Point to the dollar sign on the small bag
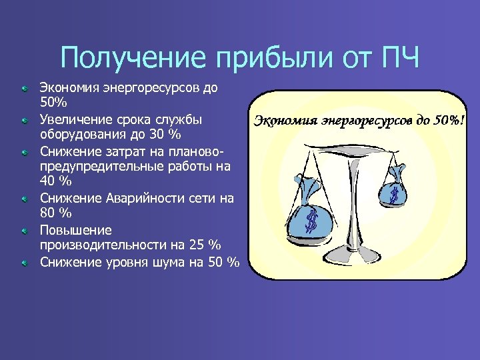pyautogui.click(x=395, y=196)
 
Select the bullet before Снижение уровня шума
pyautogui.click(x=23, y=263)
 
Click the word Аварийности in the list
pyautogui.click(x=147, y=198)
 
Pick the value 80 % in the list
pyautogui.click(x=55, y=213)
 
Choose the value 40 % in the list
pyautogui.click(x=55, y=182)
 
